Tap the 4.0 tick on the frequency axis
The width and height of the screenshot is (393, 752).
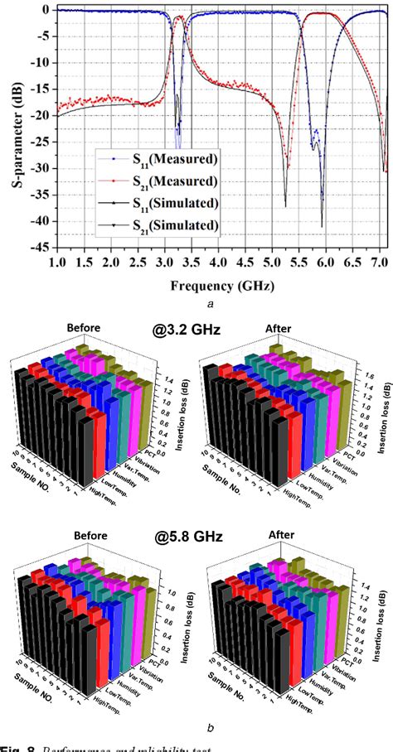click(218, 261)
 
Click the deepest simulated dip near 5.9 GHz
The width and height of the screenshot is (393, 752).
click(322, 225)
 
